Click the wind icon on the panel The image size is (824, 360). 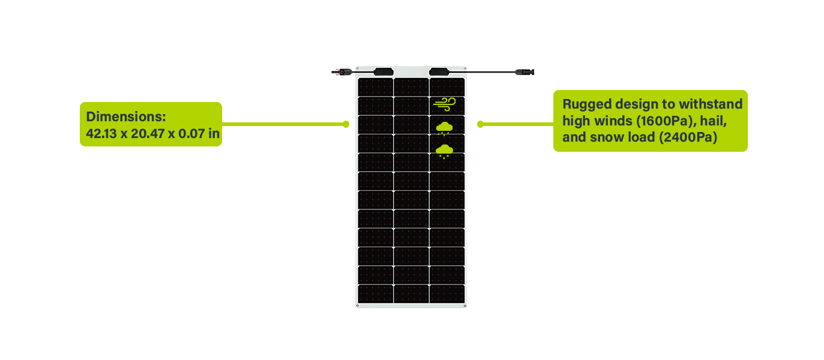[445, 104]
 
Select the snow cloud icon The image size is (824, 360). [445, 150]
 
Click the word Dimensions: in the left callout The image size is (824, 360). [125, 117]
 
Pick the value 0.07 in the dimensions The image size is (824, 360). [191, 134]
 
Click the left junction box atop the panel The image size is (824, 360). [382, 71]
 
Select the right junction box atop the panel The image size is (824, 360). [440, 71]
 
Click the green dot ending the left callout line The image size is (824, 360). [346, 124]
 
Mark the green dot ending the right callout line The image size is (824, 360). [480, 124]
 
